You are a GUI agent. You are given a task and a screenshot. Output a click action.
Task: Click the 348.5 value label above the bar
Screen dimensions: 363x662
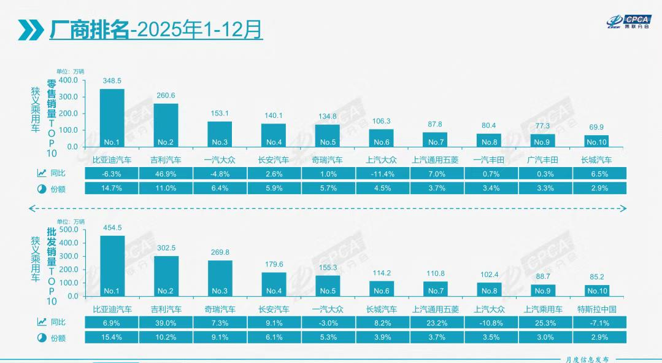coord(112,80)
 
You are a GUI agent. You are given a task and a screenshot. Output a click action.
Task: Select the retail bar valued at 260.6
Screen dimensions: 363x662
coord(166,125)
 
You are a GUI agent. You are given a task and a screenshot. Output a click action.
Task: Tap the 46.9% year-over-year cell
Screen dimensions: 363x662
coord(166,174)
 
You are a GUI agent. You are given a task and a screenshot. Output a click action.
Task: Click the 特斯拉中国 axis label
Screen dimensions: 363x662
coord(596,309)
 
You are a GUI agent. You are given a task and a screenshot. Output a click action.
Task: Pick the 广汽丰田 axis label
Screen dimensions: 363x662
coord(542,160)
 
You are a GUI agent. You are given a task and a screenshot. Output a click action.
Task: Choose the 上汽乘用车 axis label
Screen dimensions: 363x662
coord(542,309)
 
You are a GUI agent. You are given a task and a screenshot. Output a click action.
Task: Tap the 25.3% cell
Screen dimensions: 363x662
coord(542,322)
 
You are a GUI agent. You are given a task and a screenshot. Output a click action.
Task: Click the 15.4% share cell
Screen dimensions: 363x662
coord(112,337)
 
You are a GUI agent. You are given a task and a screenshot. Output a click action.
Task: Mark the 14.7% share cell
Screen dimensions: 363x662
coord(112,188)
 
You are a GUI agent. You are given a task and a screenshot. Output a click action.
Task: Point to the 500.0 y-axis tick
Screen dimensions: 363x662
coord(67,230)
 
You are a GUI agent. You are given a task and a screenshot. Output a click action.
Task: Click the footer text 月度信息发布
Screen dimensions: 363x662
coord(587,359)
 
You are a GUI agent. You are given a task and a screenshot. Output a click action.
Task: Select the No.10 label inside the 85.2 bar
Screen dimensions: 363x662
coord(596,291)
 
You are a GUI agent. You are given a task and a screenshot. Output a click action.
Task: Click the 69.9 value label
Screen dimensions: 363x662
coord(596,127)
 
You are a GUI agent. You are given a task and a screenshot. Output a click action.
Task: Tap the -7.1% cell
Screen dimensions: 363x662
coord(596,322)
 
